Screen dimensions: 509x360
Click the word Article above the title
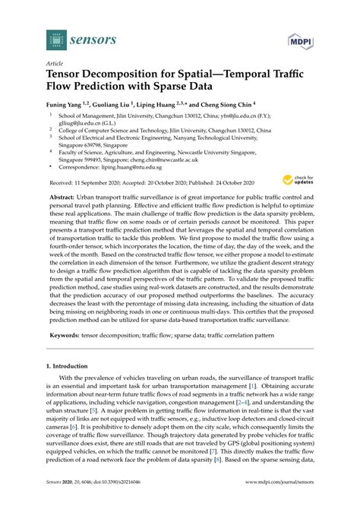coord(55,65)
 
